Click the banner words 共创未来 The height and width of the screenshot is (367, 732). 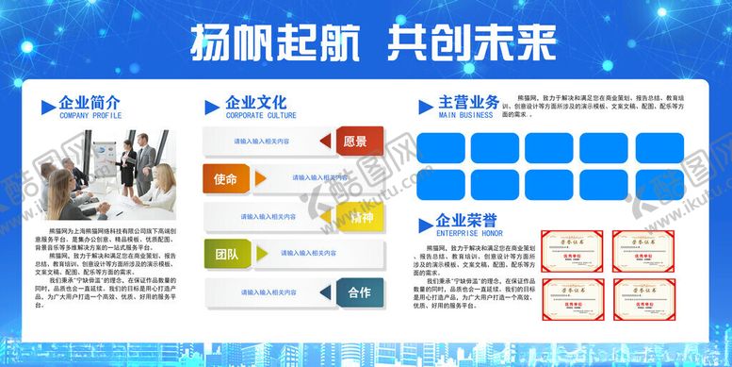click(x=454, y=41)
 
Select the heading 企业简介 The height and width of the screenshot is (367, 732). click(x=89, y=102)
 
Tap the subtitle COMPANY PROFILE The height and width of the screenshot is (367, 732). click(x=90, y=115)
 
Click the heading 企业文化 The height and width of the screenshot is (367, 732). click(x=256, y=102)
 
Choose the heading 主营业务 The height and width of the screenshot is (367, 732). click(x=469, y=102)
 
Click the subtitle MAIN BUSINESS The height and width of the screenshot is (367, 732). click(x=465, y=115)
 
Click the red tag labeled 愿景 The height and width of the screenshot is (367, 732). click(x=354, y=142)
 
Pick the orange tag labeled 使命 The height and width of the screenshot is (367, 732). click(x=225, y=178)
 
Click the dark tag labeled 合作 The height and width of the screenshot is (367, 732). click(x=358, y=292)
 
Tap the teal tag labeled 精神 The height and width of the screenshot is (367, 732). click(x=358, y=217)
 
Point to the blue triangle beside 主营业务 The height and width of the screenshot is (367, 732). click(x=427, y=107)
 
